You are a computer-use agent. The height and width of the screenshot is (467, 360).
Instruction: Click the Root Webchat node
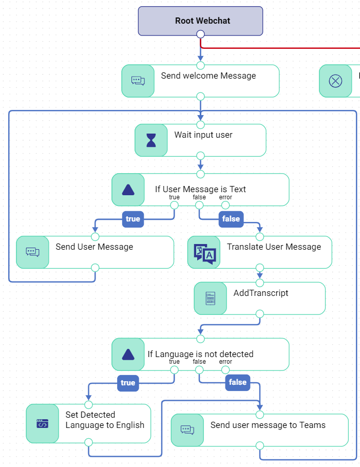pyautogui.click(x=200, y=21)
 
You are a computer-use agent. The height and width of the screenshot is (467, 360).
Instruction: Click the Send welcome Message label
pyautogui.click(x=208, y=76)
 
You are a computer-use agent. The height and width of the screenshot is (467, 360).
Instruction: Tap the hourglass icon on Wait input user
pyautogui.click(x=151, y=140)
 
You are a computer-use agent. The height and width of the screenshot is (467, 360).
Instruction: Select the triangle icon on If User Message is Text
pyautogui.click(x=128, y=190)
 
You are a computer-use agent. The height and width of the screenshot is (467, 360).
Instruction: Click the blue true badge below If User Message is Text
pyautogui.click(x=132, y=219)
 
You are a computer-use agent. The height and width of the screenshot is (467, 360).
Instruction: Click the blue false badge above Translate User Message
pyautogui.click(x=231, y=219)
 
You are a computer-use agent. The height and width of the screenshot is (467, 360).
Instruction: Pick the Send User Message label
pyautogui.click(x=94, y=247)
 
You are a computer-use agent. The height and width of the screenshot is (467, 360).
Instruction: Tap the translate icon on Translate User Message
pyautogui.click(x=204, y=253)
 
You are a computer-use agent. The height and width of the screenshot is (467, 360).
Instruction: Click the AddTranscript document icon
pyautogui.click(x=211, y=298)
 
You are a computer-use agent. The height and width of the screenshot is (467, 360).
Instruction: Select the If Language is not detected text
pyautogui.click(x=200, y=354)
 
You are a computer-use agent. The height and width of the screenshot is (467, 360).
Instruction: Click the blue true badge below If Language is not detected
pyautogui.click(x=128, y=383)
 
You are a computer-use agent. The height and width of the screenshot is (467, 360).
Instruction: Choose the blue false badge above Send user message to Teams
pyautogui.click(x=237, y=382)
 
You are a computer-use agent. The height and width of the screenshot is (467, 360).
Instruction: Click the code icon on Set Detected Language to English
pyautogui.click(x=43, y=424)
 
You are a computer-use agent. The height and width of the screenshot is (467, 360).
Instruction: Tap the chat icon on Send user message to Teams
pyautogui.click(x=187, y=429)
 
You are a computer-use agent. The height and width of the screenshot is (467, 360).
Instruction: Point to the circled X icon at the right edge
pyautogui.click(x=335, y=81)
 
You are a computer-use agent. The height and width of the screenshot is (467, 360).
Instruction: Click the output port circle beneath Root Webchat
pyautogui.click(x=200, y=34)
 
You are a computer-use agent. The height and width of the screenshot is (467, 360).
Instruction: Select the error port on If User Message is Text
pyautogui.click(x=225, y=206)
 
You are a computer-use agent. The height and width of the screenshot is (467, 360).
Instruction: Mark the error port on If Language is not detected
pyautogui.click(x=225, y=370)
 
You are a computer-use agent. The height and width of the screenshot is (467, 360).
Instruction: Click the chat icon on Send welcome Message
pyautogui.click(x=138, y=81)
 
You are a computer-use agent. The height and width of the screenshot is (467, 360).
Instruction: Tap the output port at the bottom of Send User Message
pyautogui.click(x=95, y=268)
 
